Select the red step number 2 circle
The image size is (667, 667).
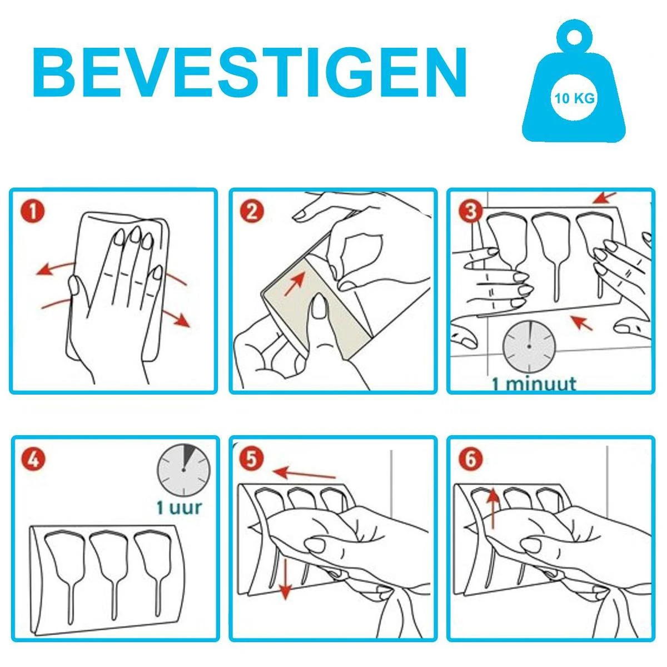tap(252, 212)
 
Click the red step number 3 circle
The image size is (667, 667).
tap(470, 212)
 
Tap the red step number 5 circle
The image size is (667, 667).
tap(252, 460)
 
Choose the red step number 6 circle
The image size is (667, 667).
tap(470, 460)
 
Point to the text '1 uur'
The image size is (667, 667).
tap(179, 507)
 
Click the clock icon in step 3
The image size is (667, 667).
tap(529, 346)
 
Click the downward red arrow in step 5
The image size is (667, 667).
tap(285, 579)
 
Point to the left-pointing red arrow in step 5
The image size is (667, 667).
tap(305, 473)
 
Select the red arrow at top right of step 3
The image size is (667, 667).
tap(605, 197)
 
